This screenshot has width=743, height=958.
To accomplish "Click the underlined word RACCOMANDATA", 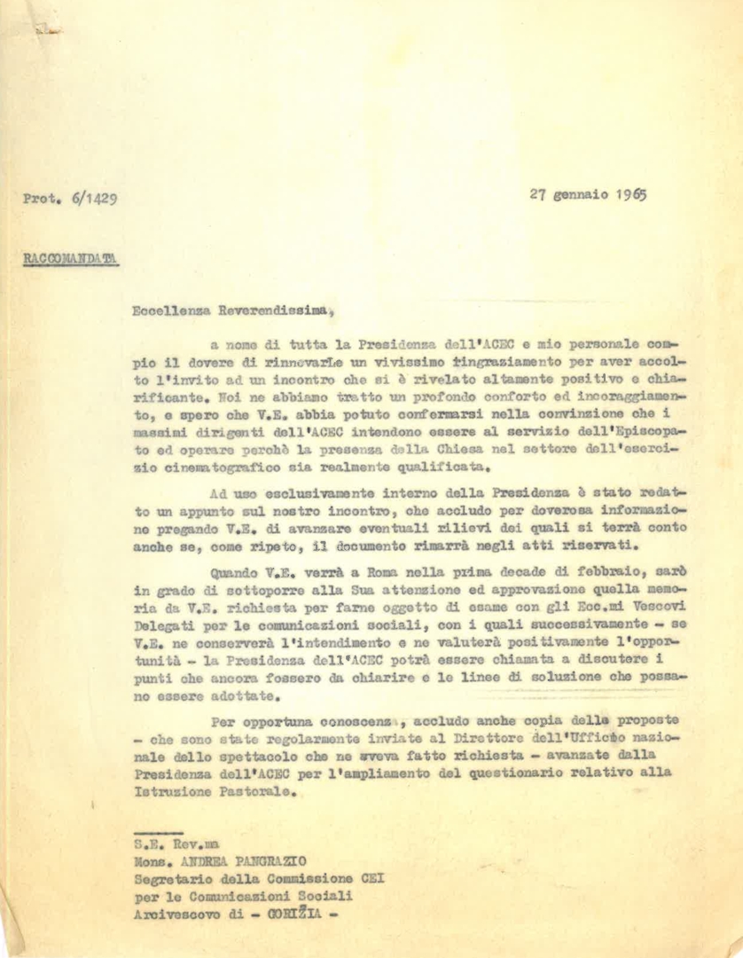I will click(x=70, y=260).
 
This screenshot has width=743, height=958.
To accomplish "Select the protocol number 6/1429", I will click(x=93, y=199).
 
